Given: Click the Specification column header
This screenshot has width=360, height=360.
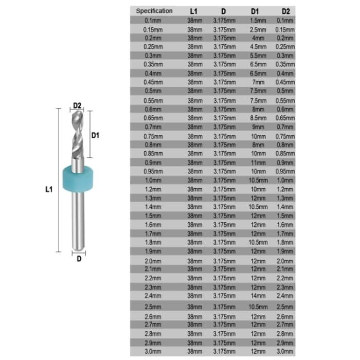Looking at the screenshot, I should pyautogui.click(x=154, y=11).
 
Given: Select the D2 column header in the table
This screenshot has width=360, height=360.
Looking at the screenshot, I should pyautogui.click(x=285, y=11).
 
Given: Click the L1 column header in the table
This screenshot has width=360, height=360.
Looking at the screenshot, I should pyautogui.click(x=194, y=11).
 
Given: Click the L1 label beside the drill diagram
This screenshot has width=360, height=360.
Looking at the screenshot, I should pyautogui.click(x=49, y=189).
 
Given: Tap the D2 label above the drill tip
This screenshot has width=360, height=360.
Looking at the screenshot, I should pyautogui.click(x=77, y=105).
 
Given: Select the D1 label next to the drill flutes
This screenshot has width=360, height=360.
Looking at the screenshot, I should pyautogui.click(x=95, y=135).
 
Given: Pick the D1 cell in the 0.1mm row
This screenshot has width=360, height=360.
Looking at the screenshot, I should pyautogui.click(x=259, y=21).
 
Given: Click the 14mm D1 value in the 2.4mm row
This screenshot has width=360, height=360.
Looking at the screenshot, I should pyautogui.click(x=259, y=296).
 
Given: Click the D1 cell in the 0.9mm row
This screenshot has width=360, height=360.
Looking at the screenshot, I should pyautogui.click(x=259, y=162).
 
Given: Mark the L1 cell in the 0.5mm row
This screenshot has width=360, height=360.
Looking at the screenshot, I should pyautogui.click(x=195, y=91).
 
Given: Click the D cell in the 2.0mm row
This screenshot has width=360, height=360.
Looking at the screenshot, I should pyautogui.click(x=224, y=261).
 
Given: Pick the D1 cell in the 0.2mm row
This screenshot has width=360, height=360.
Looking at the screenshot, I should pyautogui.click(x=259, y=38).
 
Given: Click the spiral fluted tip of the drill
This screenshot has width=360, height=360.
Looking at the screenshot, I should pyautogui.click(x=77, y=134).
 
